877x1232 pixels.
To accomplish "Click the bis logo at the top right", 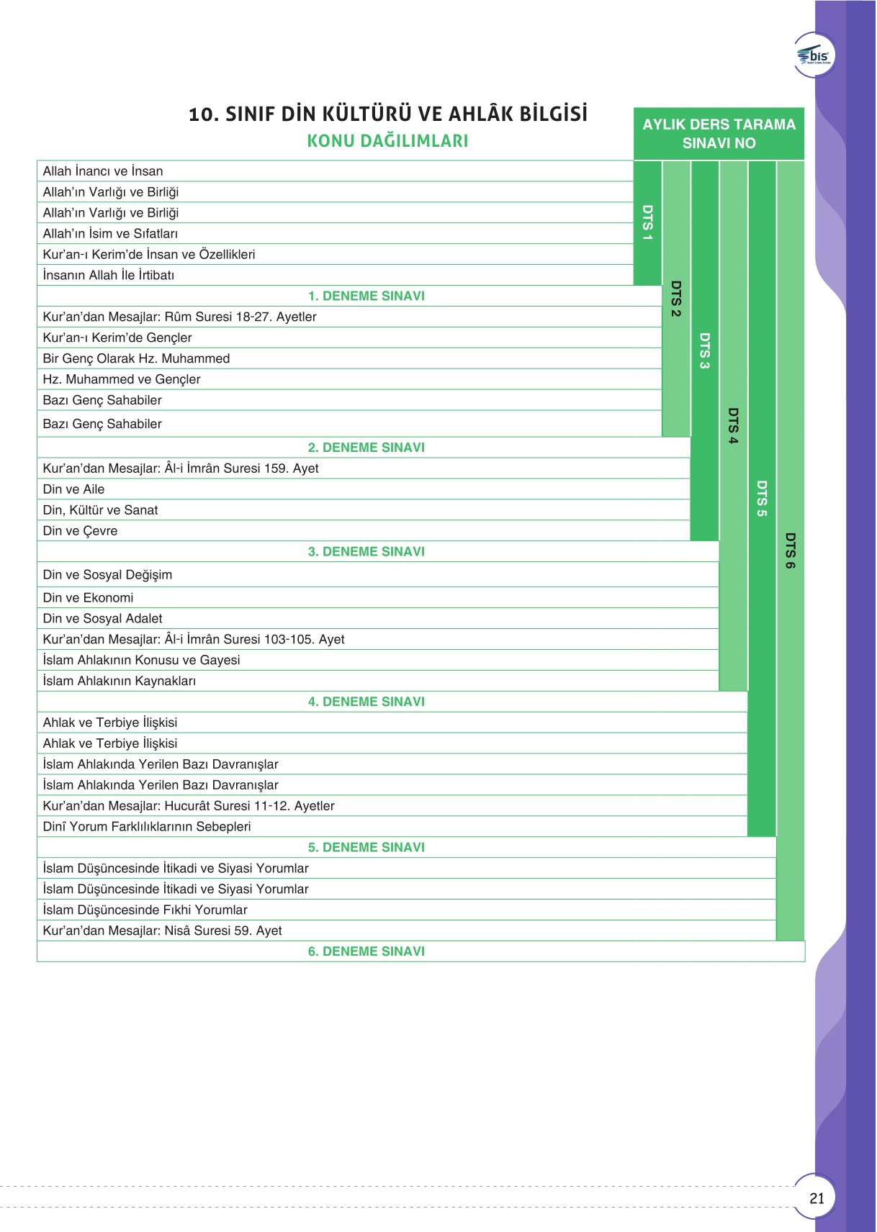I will pyautogui.click(x=814, y=55).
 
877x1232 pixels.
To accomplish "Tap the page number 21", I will pyautogui.click(x=817, y=1198).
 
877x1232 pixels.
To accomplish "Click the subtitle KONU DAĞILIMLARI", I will pyautogui.click(x=387, y=141).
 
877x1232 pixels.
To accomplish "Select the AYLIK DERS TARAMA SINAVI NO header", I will pyautogui.click(x=719, y=134).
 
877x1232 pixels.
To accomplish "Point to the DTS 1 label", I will pyautogui.click(x=647, y=222).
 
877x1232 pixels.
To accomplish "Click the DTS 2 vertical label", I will pyautogui.click(x=675, y=299).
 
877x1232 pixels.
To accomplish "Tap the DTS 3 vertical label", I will pyautogui.click(x=704, y=350).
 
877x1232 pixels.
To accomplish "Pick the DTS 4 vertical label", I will pyautogui.click(x=733, y=426).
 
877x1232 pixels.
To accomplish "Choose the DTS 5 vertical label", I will pyautogui.click(x=762, y=499).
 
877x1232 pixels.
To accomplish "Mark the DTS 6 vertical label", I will pyautogui.click(x=790, y=551).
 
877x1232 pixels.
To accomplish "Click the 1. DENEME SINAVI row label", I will pyautogui.click(x=366, y=296).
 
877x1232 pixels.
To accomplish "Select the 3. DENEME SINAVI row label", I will pyautogui.click(x=366, y=551).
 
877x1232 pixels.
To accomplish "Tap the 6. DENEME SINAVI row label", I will pyautogui.click(x=366, y=951).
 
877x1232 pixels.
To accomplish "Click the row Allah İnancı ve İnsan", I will pyautogui.click(x=103, y=171).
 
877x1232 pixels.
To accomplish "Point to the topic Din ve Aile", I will pyautogui.click(x=73, y=489).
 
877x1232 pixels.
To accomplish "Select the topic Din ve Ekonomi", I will pyautogui.click(x=88, y=597).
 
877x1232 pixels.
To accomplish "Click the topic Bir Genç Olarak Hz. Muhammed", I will pyautogui.click(x=136, y=358).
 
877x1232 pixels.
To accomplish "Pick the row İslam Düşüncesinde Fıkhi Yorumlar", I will pyautogui.click(x=145, y=910).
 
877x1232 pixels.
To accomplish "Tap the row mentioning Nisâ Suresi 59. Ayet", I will pyautogui.click(x=162, y=930).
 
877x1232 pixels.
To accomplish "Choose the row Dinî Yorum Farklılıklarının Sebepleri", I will pyautogui.click(x=147, y=826).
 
